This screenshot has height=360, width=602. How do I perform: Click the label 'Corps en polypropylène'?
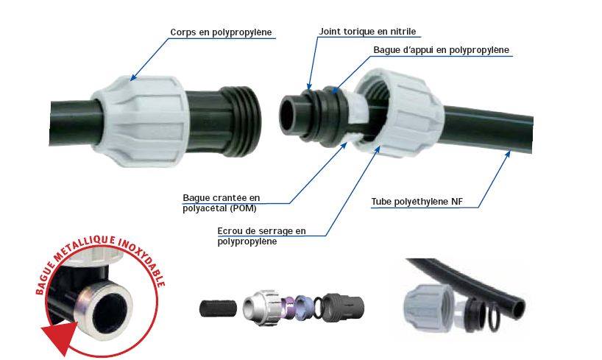coord(221,32)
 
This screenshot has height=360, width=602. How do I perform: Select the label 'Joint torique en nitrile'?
coord(367,32)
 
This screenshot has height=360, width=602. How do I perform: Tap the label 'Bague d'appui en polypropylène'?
coord(441,50)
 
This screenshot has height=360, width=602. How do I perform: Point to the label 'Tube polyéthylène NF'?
coord(417,202)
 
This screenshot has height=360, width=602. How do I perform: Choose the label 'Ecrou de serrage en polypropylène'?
coord(261,236)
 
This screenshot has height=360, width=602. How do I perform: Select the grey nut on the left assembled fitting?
coord(140,121)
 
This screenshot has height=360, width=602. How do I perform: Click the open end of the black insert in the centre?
coord(288,115)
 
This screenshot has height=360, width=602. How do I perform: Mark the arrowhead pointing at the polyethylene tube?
coord(508,155)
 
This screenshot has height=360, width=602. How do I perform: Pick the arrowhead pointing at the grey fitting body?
coord(133,77)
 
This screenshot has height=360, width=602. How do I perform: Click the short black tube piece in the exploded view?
coord(218,308)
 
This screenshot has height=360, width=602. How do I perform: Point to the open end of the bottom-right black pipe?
coord(518,308)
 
